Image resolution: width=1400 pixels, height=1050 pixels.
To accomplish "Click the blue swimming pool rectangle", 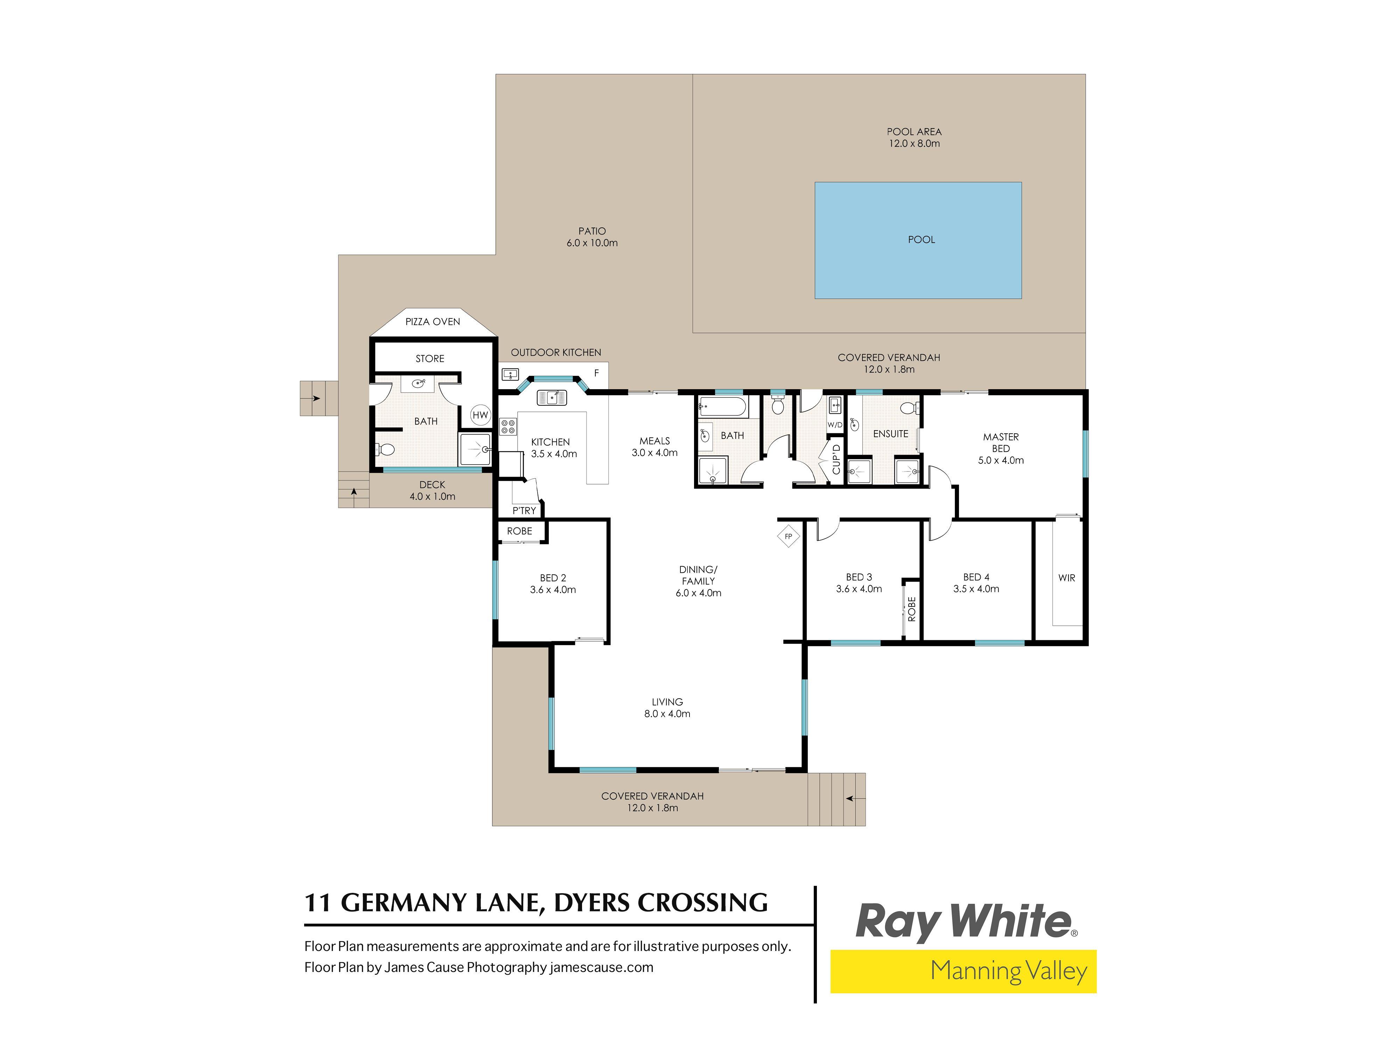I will pos(918,240).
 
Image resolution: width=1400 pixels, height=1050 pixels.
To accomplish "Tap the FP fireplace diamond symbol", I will pos(788,537).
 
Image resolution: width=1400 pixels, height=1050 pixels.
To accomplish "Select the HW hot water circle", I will pos(481,415).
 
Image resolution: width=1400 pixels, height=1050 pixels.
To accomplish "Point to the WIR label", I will pos(1066,578).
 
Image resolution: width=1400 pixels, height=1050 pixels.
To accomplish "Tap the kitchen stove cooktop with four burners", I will pos(507,427).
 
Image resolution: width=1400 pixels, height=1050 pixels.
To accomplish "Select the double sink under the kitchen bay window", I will pos(552,398).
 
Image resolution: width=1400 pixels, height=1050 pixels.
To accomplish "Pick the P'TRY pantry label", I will pos(524,511).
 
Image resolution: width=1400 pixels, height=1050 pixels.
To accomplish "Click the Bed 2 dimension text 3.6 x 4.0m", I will pos(553,590).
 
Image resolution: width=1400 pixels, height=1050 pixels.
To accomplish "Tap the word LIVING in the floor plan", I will pos(667,702).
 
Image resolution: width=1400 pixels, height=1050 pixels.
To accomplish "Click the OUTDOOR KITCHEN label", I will pos(556,352).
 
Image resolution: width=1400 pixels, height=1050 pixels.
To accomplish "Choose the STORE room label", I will pos(430,359).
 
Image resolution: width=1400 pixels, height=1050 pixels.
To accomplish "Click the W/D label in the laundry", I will pos(835,425).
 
